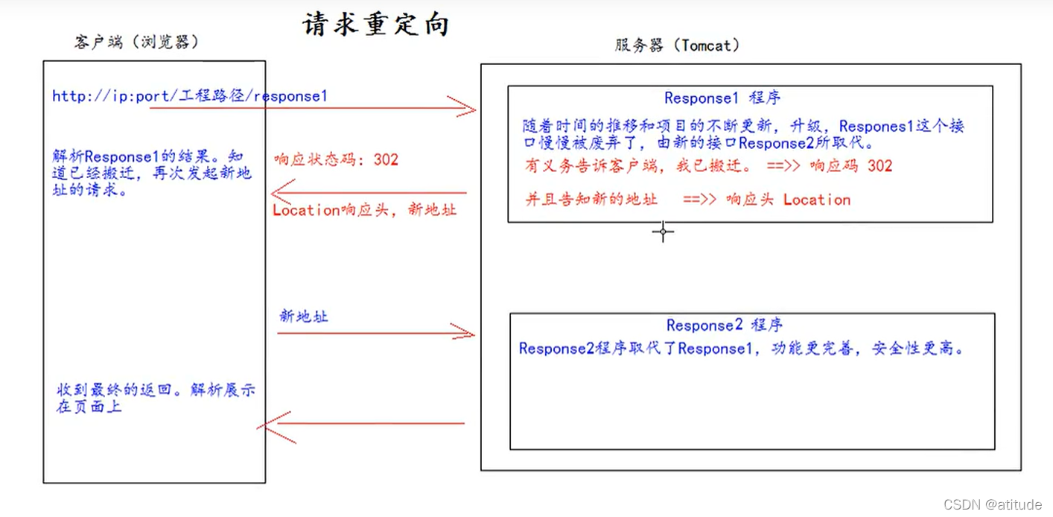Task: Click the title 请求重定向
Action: point(375,25)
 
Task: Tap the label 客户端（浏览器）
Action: point(137,42)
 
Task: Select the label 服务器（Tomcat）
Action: point(677,45)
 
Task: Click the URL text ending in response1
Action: point(189,96)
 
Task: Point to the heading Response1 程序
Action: point(722,98)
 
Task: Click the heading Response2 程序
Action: point(724,326)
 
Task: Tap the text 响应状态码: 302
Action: point(336,159)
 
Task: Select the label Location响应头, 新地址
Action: point(364,210)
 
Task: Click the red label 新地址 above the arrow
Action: point(303,317)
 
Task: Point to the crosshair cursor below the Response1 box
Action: point(663,232)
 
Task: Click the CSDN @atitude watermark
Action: point(993,504)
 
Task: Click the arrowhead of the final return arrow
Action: point(266,425)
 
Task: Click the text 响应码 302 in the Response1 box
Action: point(850,165)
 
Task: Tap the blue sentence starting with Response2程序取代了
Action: point(741,349)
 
